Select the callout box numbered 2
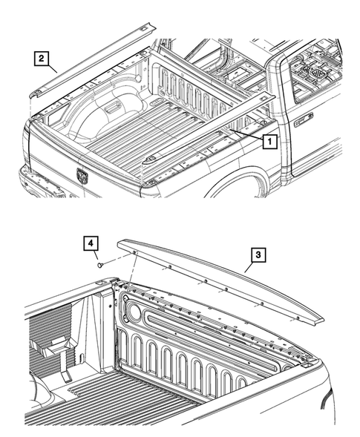click(x=42, y=57)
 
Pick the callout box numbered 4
click(x=89, y=243)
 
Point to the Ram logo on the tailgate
click(x=82, y=175)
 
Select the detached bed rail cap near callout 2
click(x=89, y=63)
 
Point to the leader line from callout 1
click(x=245, y=134)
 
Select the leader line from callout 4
click(x=94, y=254)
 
